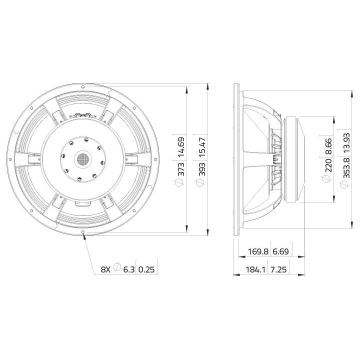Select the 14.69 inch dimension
click(182, 147)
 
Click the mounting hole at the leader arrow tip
click(83, 233)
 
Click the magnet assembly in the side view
click(295, 159)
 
